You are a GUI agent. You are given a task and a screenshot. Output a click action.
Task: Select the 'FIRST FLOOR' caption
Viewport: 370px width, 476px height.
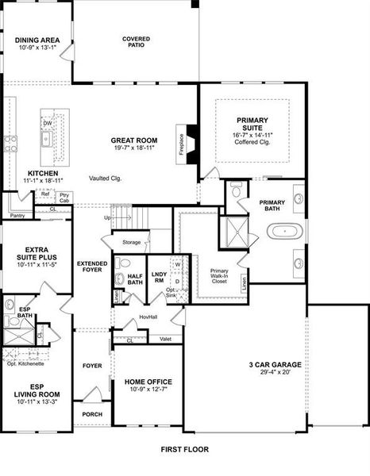184,449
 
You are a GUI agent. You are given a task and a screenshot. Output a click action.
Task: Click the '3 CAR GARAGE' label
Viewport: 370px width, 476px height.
274,365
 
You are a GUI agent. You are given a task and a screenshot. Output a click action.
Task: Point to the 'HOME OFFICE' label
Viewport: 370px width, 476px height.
148,382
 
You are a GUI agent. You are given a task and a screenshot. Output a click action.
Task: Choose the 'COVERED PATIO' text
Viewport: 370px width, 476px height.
136,42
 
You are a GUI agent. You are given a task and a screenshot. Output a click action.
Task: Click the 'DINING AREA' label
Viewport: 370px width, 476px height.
37,38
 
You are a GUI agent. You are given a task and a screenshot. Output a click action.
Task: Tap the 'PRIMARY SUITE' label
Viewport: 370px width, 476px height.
252,125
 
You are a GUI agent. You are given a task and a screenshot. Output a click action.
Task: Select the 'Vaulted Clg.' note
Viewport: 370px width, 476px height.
104,178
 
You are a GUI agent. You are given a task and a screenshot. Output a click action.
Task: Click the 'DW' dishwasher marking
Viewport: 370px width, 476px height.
48,124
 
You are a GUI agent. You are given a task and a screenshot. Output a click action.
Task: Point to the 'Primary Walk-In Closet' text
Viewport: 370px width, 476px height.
219,275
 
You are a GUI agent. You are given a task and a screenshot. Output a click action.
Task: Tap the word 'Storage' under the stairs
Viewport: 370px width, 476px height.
131,242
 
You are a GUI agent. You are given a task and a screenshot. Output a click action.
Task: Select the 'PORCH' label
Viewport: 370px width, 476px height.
92,414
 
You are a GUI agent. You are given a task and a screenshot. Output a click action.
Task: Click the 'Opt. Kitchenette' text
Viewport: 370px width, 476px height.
25,363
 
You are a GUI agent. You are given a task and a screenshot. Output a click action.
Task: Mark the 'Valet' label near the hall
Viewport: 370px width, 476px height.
165,339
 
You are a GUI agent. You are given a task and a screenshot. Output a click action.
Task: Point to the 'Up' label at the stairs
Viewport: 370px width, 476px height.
107,217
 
